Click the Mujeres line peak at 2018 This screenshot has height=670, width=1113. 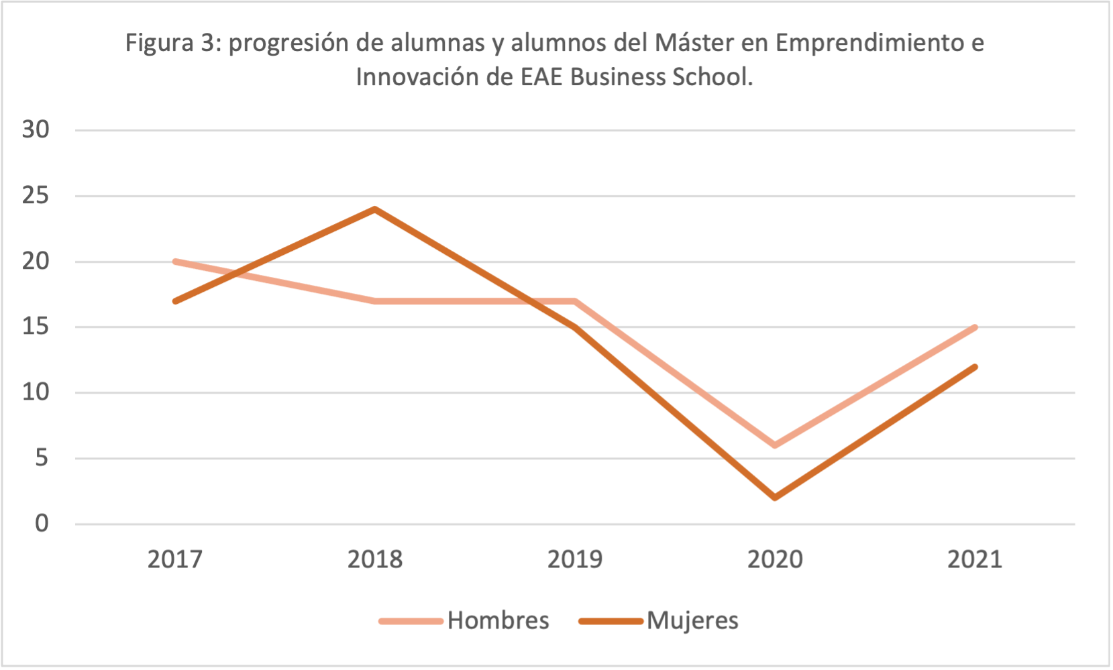coord(375,209)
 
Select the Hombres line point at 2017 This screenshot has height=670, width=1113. coord(175,262)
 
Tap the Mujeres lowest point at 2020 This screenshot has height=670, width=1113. coord(776,498)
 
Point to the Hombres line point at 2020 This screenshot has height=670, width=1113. coord(776,445)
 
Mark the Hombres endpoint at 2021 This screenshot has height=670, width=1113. coord(975,327)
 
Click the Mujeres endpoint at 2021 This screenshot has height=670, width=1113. coord(975,367)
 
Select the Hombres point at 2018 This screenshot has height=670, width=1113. coord(375,301)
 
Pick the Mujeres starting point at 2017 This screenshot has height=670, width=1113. coord(175,301)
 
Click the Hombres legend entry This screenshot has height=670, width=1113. coord(464,620)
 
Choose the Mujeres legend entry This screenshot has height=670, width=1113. coord(659,620)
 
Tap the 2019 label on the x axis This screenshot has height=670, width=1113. coord(575,559)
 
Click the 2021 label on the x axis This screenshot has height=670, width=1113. coord(975,559)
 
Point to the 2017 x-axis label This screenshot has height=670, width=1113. coord(175,559)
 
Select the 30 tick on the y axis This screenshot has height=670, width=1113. coord(36,129)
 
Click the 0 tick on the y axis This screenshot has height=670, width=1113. coord(42,523)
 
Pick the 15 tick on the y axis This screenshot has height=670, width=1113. coord(36,327)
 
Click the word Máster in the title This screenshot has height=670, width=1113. coord(694,43)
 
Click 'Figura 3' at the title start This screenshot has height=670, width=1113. coord(170,43)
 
